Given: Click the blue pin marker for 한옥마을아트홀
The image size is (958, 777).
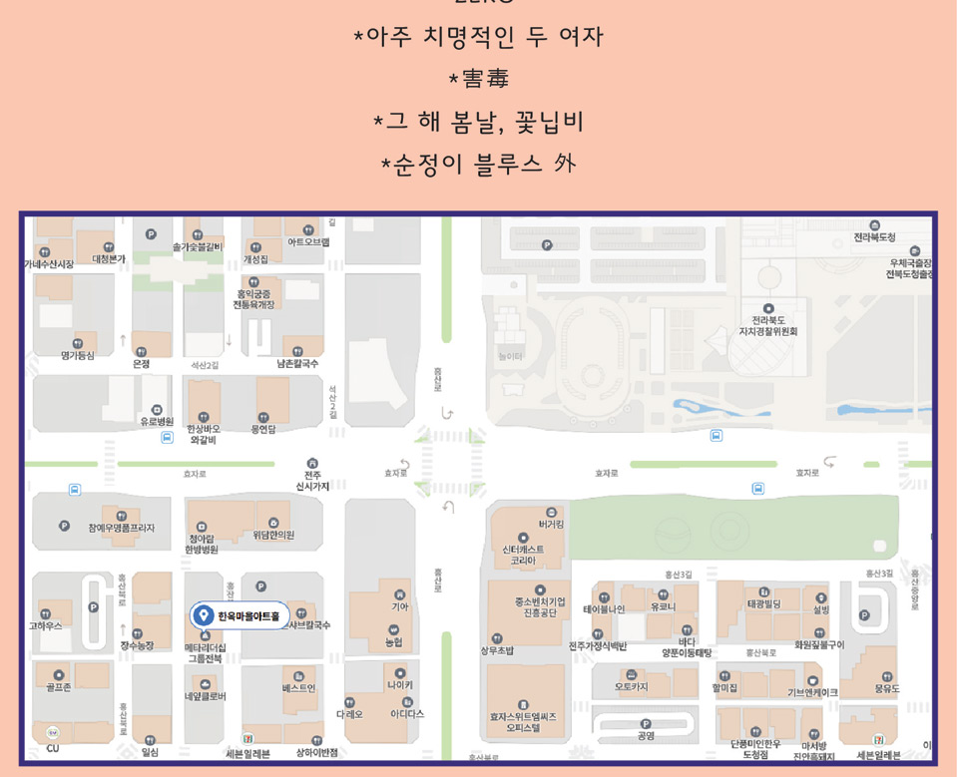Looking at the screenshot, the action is [204, 615].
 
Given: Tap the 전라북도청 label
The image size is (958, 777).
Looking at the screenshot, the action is [874, 236].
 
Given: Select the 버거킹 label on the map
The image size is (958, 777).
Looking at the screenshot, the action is [551, 523].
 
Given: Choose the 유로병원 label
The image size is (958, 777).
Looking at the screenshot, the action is [157, 421].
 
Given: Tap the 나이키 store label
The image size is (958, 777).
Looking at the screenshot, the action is [399, 684].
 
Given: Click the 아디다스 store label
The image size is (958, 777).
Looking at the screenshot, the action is [407, 713].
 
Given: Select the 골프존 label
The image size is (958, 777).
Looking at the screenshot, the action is [58, 687].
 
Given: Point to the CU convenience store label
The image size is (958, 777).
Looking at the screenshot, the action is [53, 747].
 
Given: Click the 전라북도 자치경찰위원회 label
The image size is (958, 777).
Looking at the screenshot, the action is [767, 325].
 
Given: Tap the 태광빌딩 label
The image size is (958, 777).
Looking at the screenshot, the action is [764, 603].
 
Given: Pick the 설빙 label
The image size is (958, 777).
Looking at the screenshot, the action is [820, 608].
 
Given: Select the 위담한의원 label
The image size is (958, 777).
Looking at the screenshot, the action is [272, 535].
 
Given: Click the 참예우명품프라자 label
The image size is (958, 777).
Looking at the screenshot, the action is [121, 527].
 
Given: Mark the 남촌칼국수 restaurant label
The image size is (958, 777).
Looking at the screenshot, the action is [296, 363].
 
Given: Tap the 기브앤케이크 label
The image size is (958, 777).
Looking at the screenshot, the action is [812, 691].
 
